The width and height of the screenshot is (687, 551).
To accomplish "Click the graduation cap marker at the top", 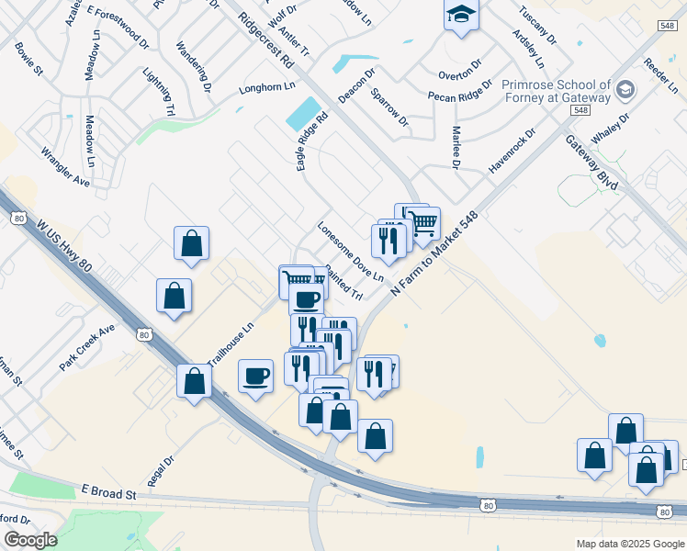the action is (x=461, y=15).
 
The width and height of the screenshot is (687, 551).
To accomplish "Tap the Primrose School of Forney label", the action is (x=556, y=90).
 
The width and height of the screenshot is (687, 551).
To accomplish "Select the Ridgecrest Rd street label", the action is (x=265, y=40).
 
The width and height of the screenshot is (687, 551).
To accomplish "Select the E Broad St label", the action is (x=108, y=493).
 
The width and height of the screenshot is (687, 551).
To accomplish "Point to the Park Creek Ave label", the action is (x=87, y=346).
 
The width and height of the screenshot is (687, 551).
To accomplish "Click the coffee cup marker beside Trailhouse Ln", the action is (x=256, y=376).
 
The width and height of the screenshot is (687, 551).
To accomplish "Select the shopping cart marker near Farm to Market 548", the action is (x=423, y=223).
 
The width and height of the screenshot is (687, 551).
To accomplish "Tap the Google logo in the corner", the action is (x=30, y=540).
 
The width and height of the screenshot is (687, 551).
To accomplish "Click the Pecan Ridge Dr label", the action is (x=460, y=96).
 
